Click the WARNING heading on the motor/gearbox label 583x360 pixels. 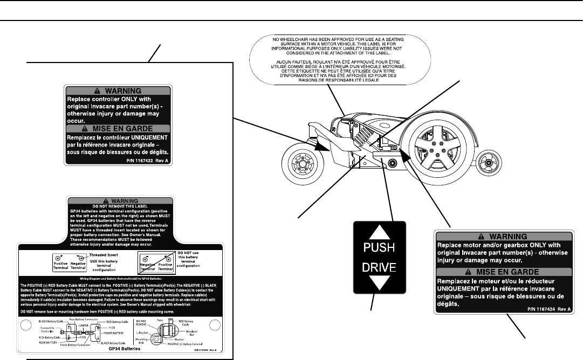coord(507,236)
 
